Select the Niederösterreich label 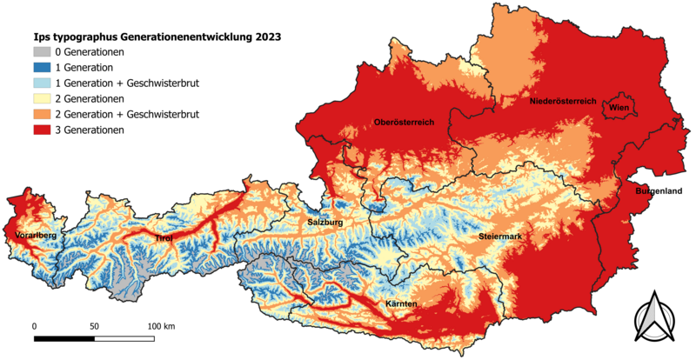click(x=562, y=102)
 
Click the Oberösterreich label click(x=404, y=122)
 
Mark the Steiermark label click(x=500, y=237)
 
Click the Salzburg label click(x=324, y=223)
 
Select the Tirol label click(x=163, y=238)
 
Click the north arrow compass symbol click(x=653, y=318)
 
